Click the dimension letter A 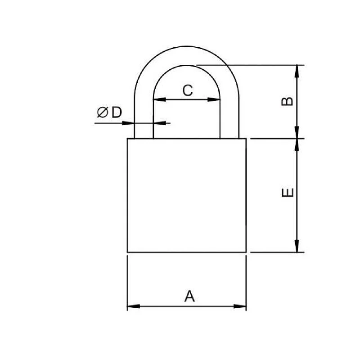190,296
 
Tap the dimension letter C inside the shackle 187,90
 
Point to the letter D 117,112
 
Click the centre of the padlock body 187,195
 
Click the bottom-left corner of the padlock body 128,252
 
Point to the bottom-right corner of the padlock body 246,252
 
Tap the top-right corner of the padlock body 246,139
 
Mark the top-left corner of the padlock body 128,139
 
